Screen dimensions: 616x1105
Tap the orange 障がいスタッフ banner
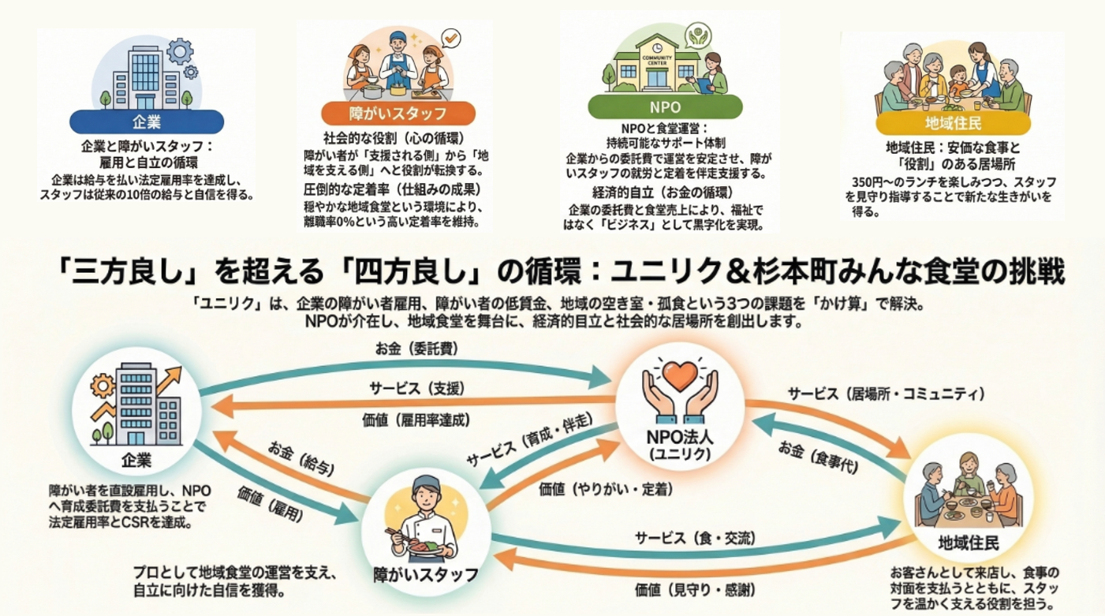click(x=398, y=112)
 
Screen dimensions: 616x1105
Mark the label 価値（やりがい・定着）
click(x=606, y=489)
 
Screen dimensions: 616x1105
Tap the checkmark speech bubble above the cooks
click(x=451, y=36)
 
